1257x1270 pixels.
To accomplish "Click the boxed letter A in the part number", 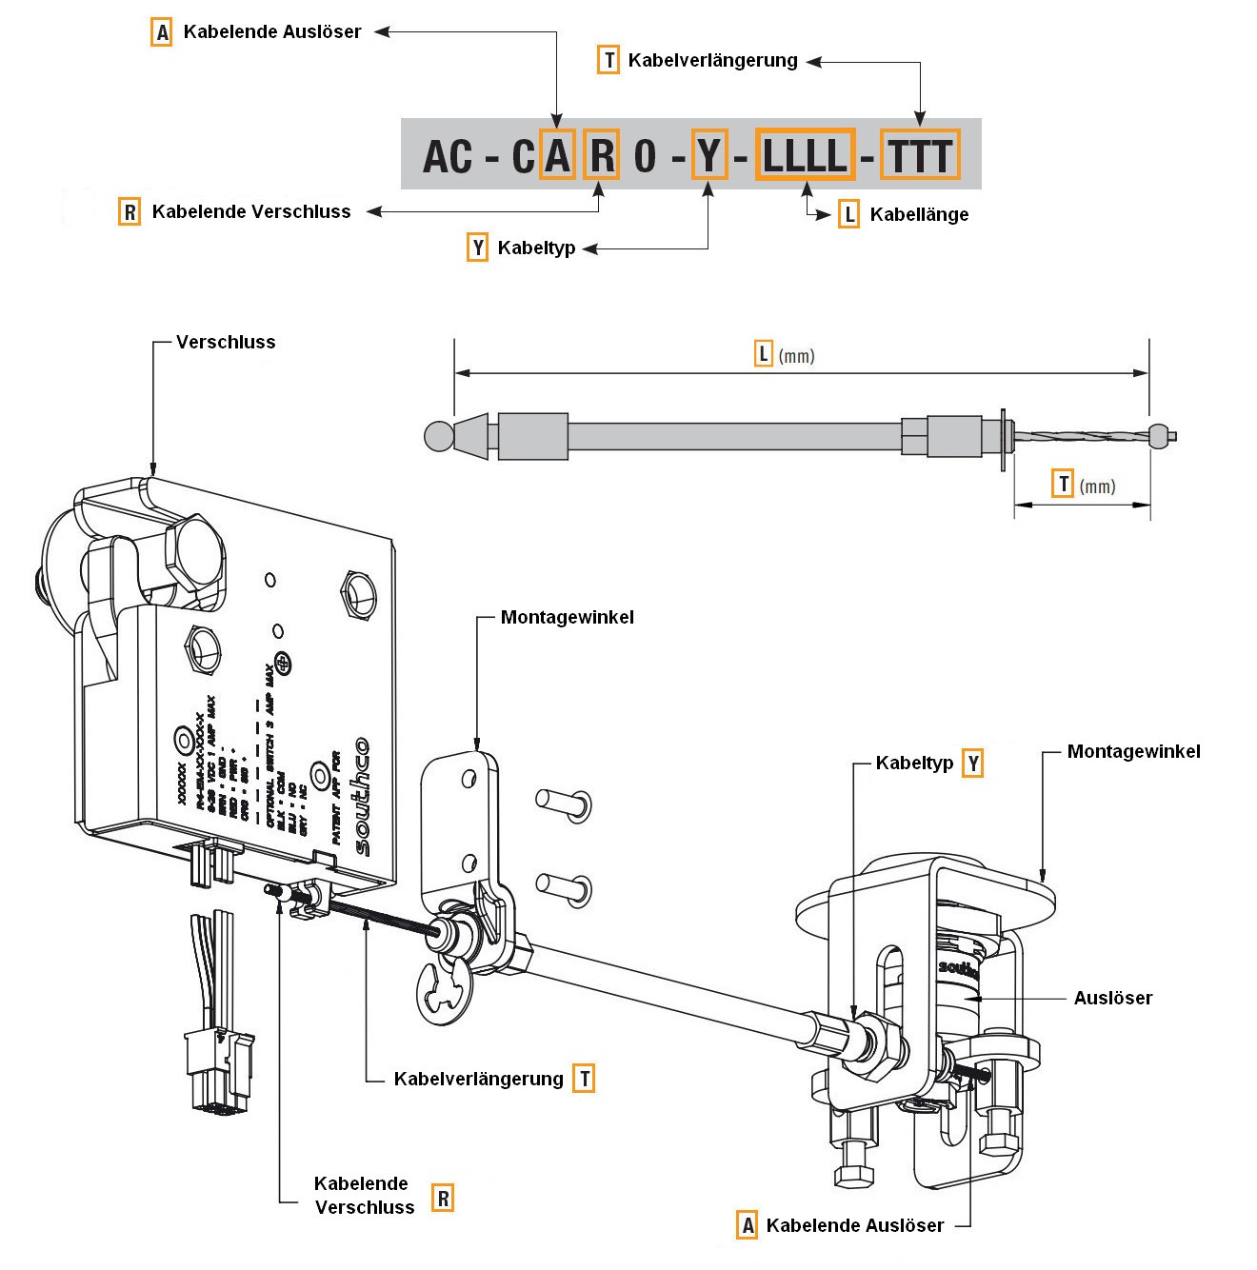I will [557, 155].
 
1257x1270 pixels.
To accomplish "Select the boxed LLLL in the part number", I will [805, 155].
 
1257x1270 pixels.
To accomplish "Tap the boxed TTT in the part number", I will [919, 155].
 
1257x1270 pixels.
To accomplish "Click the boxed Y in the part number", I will [708, 155].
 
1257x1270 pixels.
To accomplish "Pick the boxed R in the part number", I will [602, 155].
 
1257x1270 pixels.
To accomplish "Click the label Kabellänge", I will [918, 215].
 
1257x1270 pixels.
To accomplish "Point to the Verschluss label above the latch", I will [226, 343].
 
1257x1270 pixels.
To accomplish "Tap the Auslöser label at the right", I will [1112, 999].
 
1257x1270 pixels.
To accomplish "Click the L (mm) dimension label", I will [785, 356].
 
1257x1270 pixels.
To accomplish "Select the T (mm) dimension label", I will [1084, 486].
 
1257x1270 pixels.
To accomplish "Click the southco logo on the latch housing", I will [361, 798].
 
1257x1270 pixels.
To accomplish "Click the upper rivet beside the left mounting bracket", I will [564, 804].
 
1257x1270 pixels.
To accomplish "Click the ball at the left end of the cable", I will [437, 436].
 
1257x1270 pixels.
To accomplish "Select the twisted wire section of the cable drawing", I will [1081, 437].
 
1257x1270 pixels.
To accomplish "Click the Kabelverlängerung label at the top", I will [712, 61].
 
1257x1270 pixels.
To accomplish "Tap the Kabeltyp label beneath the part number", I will [536, 248].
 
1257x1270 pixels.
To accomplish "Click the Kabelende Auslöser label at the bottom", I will [854, 1226].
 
